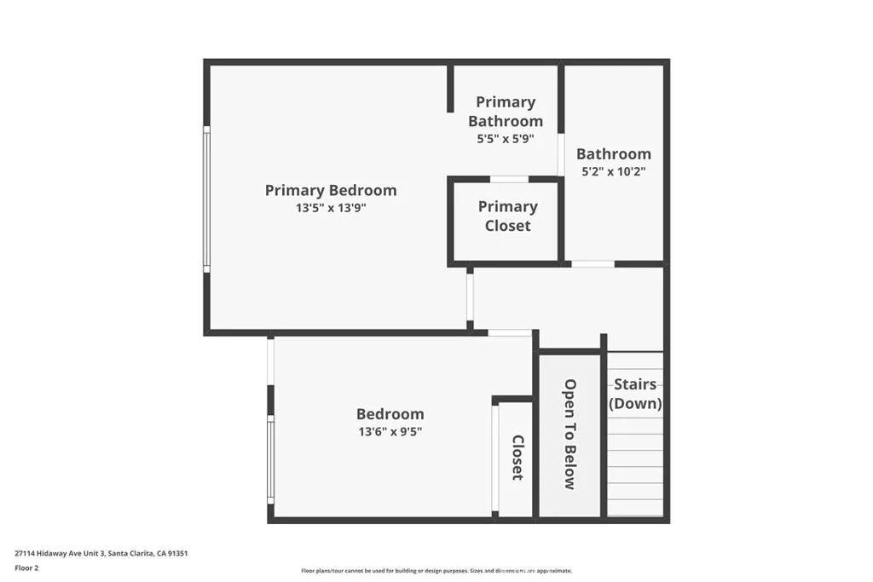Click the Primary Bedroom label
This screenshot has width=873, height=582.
[330, 190]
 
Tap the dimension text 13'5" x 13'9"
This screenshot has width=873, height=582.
[330, 207]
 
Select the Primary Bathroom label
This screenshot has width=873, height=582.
[506, 112]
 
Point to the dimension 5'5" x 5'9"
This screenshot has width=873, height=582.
[506, 138]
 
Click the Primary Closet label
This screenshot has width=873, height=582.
[507, 216]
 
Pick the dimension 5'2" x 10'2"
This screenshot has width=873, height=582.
[613, 171]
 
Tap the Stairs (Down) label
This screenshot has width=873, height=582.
[635, 395]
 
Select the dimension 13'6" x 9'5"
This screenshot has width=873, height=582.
[390, 432]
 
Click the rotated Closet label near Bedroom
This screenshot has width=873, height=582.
[517, 458]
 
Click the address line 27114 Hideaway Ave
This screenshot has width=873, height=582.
[101, 553]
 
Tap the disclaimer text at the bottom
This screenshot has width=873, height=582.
[436, 571]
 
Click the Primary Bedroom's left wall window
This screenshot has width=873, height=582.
[205, 199]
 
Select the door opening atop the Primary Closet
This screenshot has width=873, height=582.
[509, 179]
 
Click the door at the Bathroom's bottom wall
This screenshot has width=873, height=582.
[593, 264]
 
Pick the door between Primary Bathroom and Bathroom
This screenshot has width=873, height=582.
[561, 154]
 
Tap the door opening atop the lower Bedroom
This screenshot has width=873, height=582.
[510, 332]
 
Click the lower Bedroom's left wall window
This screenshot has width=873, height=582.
[270, 458]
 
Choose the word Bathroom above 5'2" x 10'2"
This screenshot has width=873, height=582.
[613, 153]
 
